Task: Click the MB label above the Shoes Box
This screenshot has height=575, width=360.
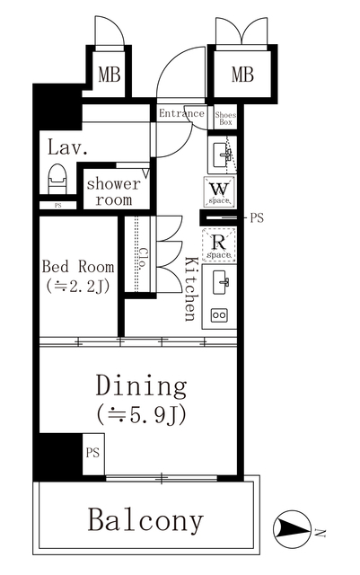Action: coord(242,75)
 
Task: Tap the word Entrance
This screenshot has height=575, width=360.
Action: coord(182,114)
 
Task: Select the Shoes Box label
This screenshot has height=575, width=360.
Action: coord(225,118)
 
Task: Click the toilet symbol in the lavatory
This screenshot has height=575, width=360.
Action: coord(56,178)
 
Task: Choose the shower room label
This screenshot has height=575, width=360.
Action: coord(114,191)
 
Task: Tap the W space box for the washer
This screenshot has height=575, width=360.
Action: coord(220,190)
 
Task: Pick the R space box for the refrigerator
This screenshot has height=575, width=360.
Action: coord(220,244)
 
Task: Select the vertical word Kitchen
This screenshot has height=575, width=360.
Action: coord(190,288)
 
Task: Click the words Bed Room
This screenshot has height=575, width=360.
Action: coord(79,267)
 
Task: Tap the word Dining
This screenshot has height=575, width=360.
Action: coord(141,386)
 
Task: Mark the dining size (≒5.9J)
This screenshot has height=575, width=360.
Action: coord(141,415)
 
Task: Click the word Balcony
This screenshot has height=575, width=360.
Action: coord(145,518)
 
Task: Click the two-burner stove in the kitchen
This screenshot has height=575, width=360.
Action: coord(218,315)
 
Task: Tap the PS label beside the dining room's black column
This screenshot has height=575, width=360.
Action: coord(92,454)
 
